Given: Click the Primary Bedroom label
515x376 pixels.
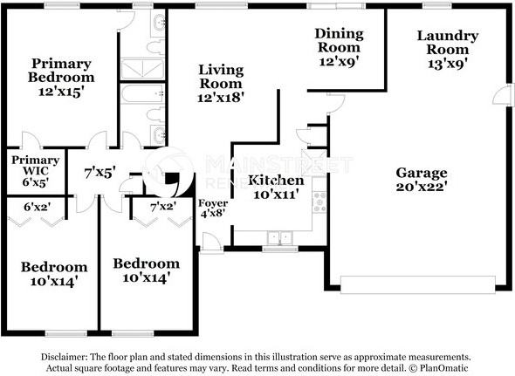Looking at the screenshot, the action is [61, 71].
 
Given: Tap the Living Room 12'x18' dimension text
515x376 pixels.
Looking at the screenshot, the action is [221, 98].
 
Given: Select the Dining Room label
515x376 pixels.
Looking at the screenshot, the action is [339, 40].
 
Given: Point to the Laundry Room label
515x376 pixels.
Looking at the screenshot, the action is [448, 43].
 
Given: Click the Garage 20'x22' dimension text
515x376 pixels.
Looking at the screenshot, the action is [422, 187].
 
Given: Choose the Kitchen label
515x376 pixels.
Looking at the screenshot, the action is [276, 180].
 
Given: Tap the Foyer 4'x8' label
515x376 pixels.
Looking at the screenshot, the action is [213, 209].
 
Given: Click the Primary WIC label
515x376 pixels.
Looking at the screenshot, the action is [36, 165].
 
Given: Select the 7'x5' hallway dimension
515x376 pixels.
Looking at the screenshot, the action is [100, 173].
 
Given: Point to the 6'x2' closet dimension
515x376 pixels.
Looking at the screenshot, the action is [38, 207].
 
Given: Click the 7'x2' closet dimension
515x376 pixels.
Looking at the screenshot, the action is [163, 207].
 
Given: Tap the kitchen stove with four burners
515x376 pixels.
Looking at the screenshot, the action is [319, 202].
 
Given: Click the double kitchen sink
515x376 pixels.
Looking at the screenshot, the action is [280, 238].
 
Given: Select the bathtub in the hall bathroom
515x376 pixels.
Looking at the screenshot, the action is [142, 93].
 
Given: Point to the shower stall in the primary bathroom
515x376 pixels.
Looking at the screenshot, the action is [142, 69].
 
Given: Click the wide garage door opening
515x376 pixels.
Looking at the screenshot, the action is [418, 284].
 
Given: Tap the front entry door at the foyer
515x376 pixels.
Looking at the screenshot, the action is [212, 243].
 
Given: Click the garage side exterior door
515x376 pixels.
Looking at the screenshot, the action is [503, 96].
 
